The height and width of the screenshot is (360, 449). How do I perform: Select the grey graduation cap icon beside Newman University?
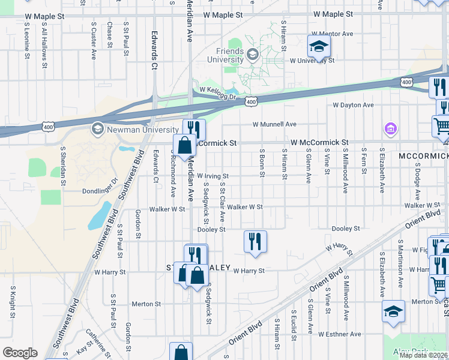point(97,129)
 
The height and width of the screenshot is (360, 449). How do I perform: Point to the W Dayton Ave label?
point(354,105)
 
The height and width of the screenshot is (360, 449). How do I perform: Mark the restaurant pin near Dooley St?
point(255,241)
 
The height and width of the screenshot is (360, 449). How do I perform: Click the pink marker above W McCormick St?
point(390,128)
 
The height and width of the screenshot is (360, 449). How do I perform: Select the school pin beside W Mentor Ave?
point(319,46)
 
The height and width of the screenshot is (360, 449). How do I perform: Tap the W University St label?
point(312,61)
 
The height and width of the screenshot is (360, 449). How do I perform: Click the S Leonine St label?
point(28,40)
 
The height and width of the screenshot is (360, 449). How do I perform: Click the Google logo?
point(20,353)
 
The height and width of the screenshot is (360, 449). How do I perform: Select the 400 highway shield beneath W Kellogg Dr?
point(251,103)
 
